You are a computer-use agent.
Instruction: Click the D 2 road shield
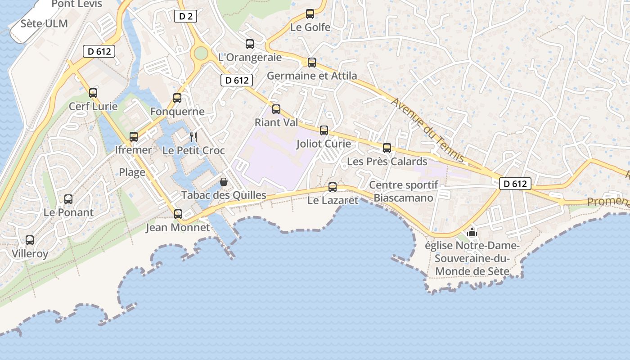185,17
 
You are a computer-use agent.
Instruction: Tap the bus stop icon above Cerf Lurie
93,93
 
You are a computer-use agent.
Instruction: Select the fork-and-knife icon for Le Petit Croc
193,137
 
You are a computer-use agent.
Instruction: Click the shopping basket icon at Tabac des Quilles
223,182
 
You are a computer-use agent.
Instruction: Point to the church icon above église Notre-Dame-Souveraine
472,232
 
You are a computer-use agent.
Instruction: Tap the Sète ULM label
44,23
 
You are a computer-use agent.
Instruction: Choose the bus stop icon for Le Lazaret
333,187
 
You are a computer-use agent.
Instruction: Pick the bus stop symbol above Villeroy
30,240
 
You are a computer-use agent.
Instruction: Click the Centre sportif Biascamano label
404,191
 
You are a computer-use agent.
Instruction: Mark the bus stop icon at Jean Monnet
178,214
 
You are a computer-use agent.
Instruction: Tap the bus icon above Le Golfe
310,14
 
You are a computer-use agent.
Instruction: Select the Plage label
132,172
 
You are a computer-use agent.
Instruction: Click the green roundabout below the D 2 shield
201,54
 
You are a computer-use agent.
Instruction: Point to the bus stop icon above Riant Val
276,109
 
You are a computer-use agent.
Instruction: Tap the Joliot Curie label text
324,144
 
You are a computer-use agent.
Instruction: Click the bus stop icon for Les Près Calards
387,148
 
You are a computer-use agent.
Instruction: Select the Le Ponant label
68,212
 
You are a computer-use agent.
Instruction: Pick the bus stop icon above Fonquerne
177,98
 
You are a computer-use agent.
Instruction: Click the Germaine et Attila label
312,76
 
